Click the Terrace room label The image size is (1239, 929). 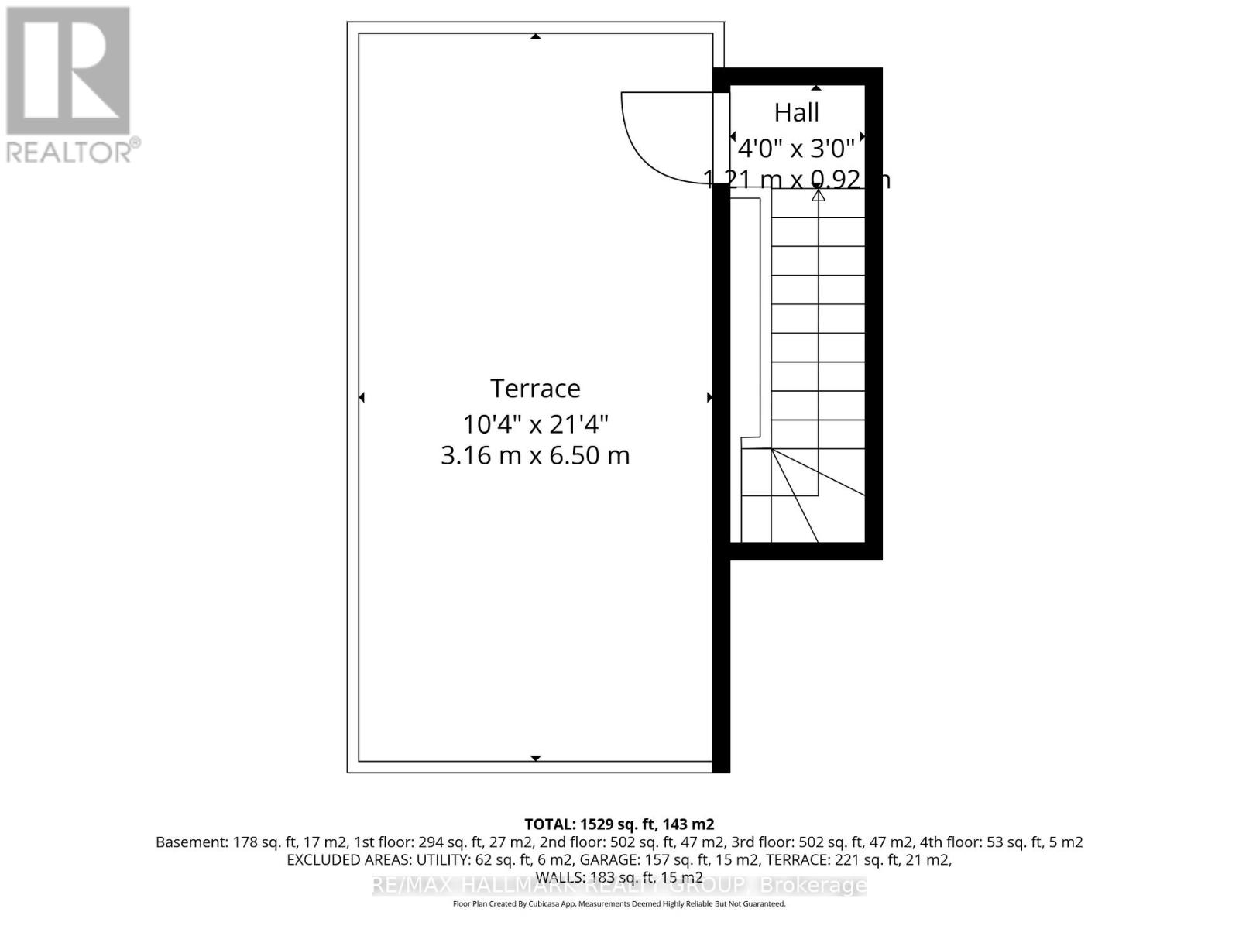click(535, 388)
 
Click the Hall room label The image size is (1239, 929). click(796, 113)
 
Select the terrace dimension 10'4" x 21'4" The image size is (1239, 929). click(535, 424)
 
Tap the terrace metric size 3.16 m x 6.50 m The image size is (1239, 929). click(535, 455)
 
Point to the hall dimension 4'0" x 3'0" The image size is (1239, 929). click(796, 147)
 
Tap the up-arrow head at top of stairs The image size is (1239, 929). click(818, 194)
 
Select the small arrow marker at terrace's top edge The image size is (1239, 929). click(535, 36)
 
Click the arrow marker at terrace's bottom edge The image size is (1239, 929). click(535, 758)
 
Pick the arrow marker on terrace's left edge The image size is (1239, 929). click(362, 397)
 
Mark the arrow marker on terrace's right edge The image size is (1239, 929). click(709, 397)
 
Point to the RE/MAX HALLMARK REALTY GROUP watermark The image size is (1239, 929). click(619, 885)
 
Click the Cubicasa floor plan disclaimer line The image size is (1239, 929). click(619, 903)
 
